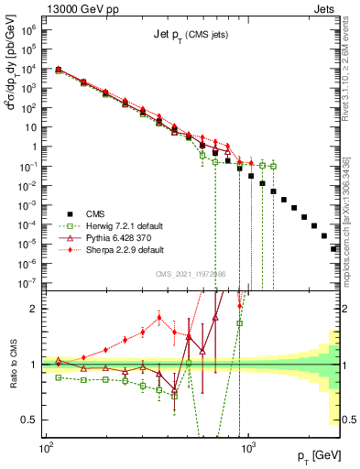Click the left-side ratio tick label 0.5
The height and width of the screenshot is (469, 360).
pyautogui.click(x=31, y=420)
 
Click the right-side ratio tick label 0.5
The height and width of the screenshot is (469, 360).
pyautogui.click(x=349, y=420)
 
